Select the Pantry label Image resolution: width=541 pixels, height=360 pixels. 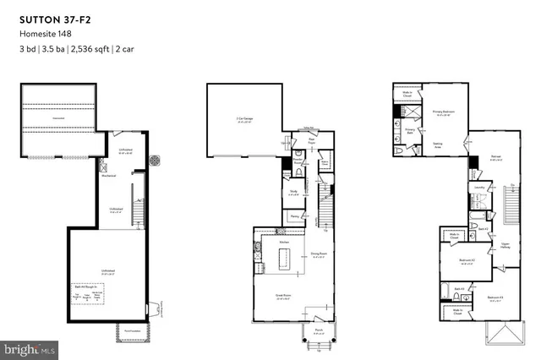(293, 216)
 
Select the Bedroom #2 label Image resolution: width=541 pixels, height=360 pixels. (464, 259)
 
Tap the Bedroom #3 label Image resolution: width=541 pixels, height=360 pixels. (495, 297)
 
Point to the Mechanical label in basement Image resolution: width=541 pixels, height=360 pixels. (109, 177)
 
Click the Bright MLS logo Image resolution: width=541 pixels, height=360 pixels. (30, 347)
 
